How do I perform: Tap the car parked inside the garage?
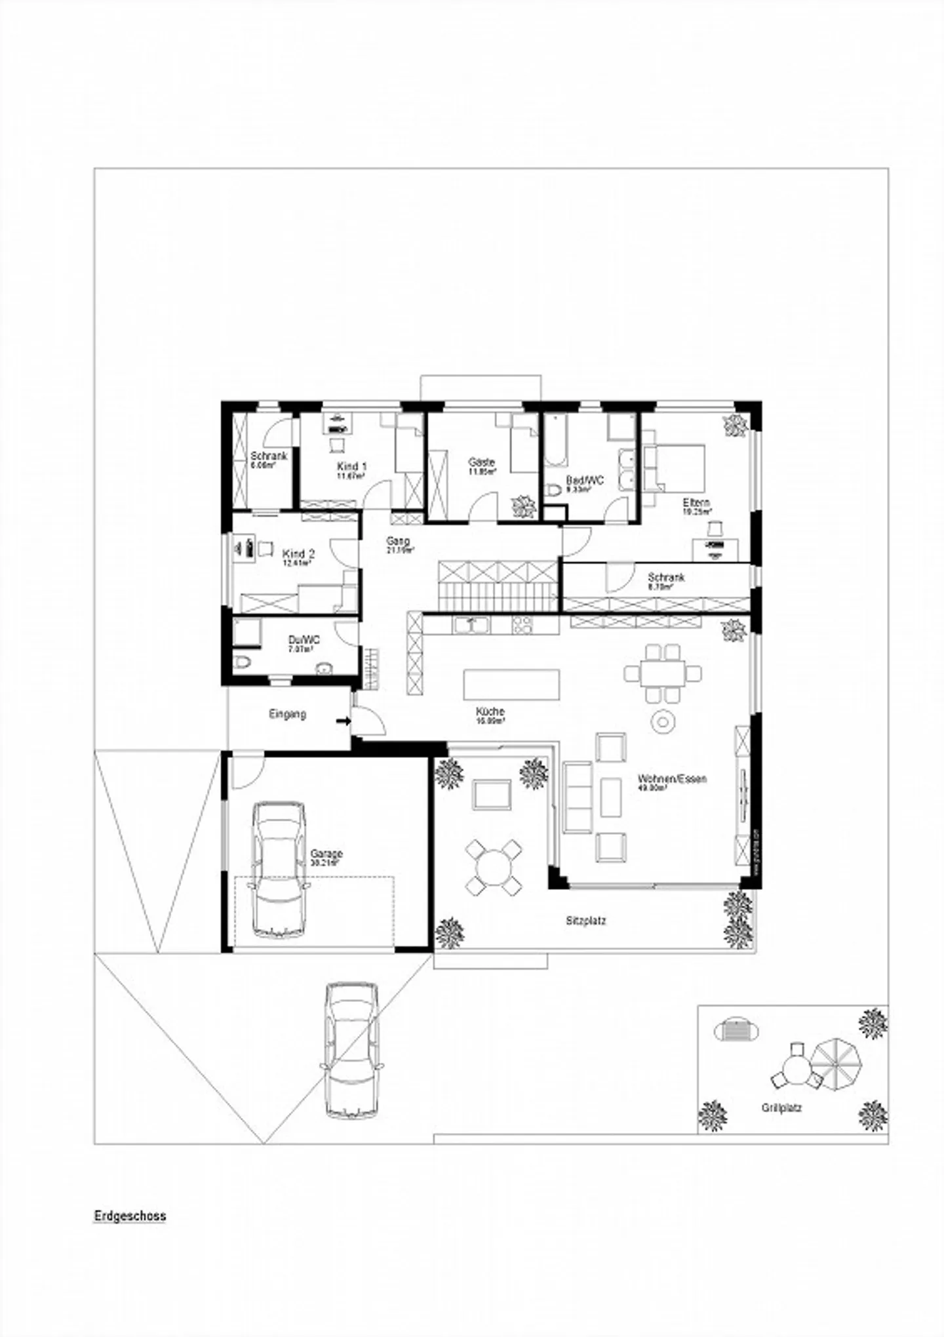point(279,869)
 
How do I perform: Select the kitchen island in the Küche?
point(511,685)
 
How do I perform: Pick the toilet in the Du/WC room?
point(242,663)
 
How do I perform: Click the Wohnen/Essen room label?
point(672,779)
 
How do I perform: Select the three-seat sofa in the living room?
point(578,797)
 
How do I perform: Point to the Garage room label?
point(326,854)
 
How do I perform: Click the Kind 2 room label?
point(298,554)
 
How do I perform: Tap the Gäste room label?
point(481,462)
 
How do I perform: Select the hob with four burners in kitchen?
point(524,625)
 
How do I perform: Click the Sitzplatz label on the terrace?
point(586,921)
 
